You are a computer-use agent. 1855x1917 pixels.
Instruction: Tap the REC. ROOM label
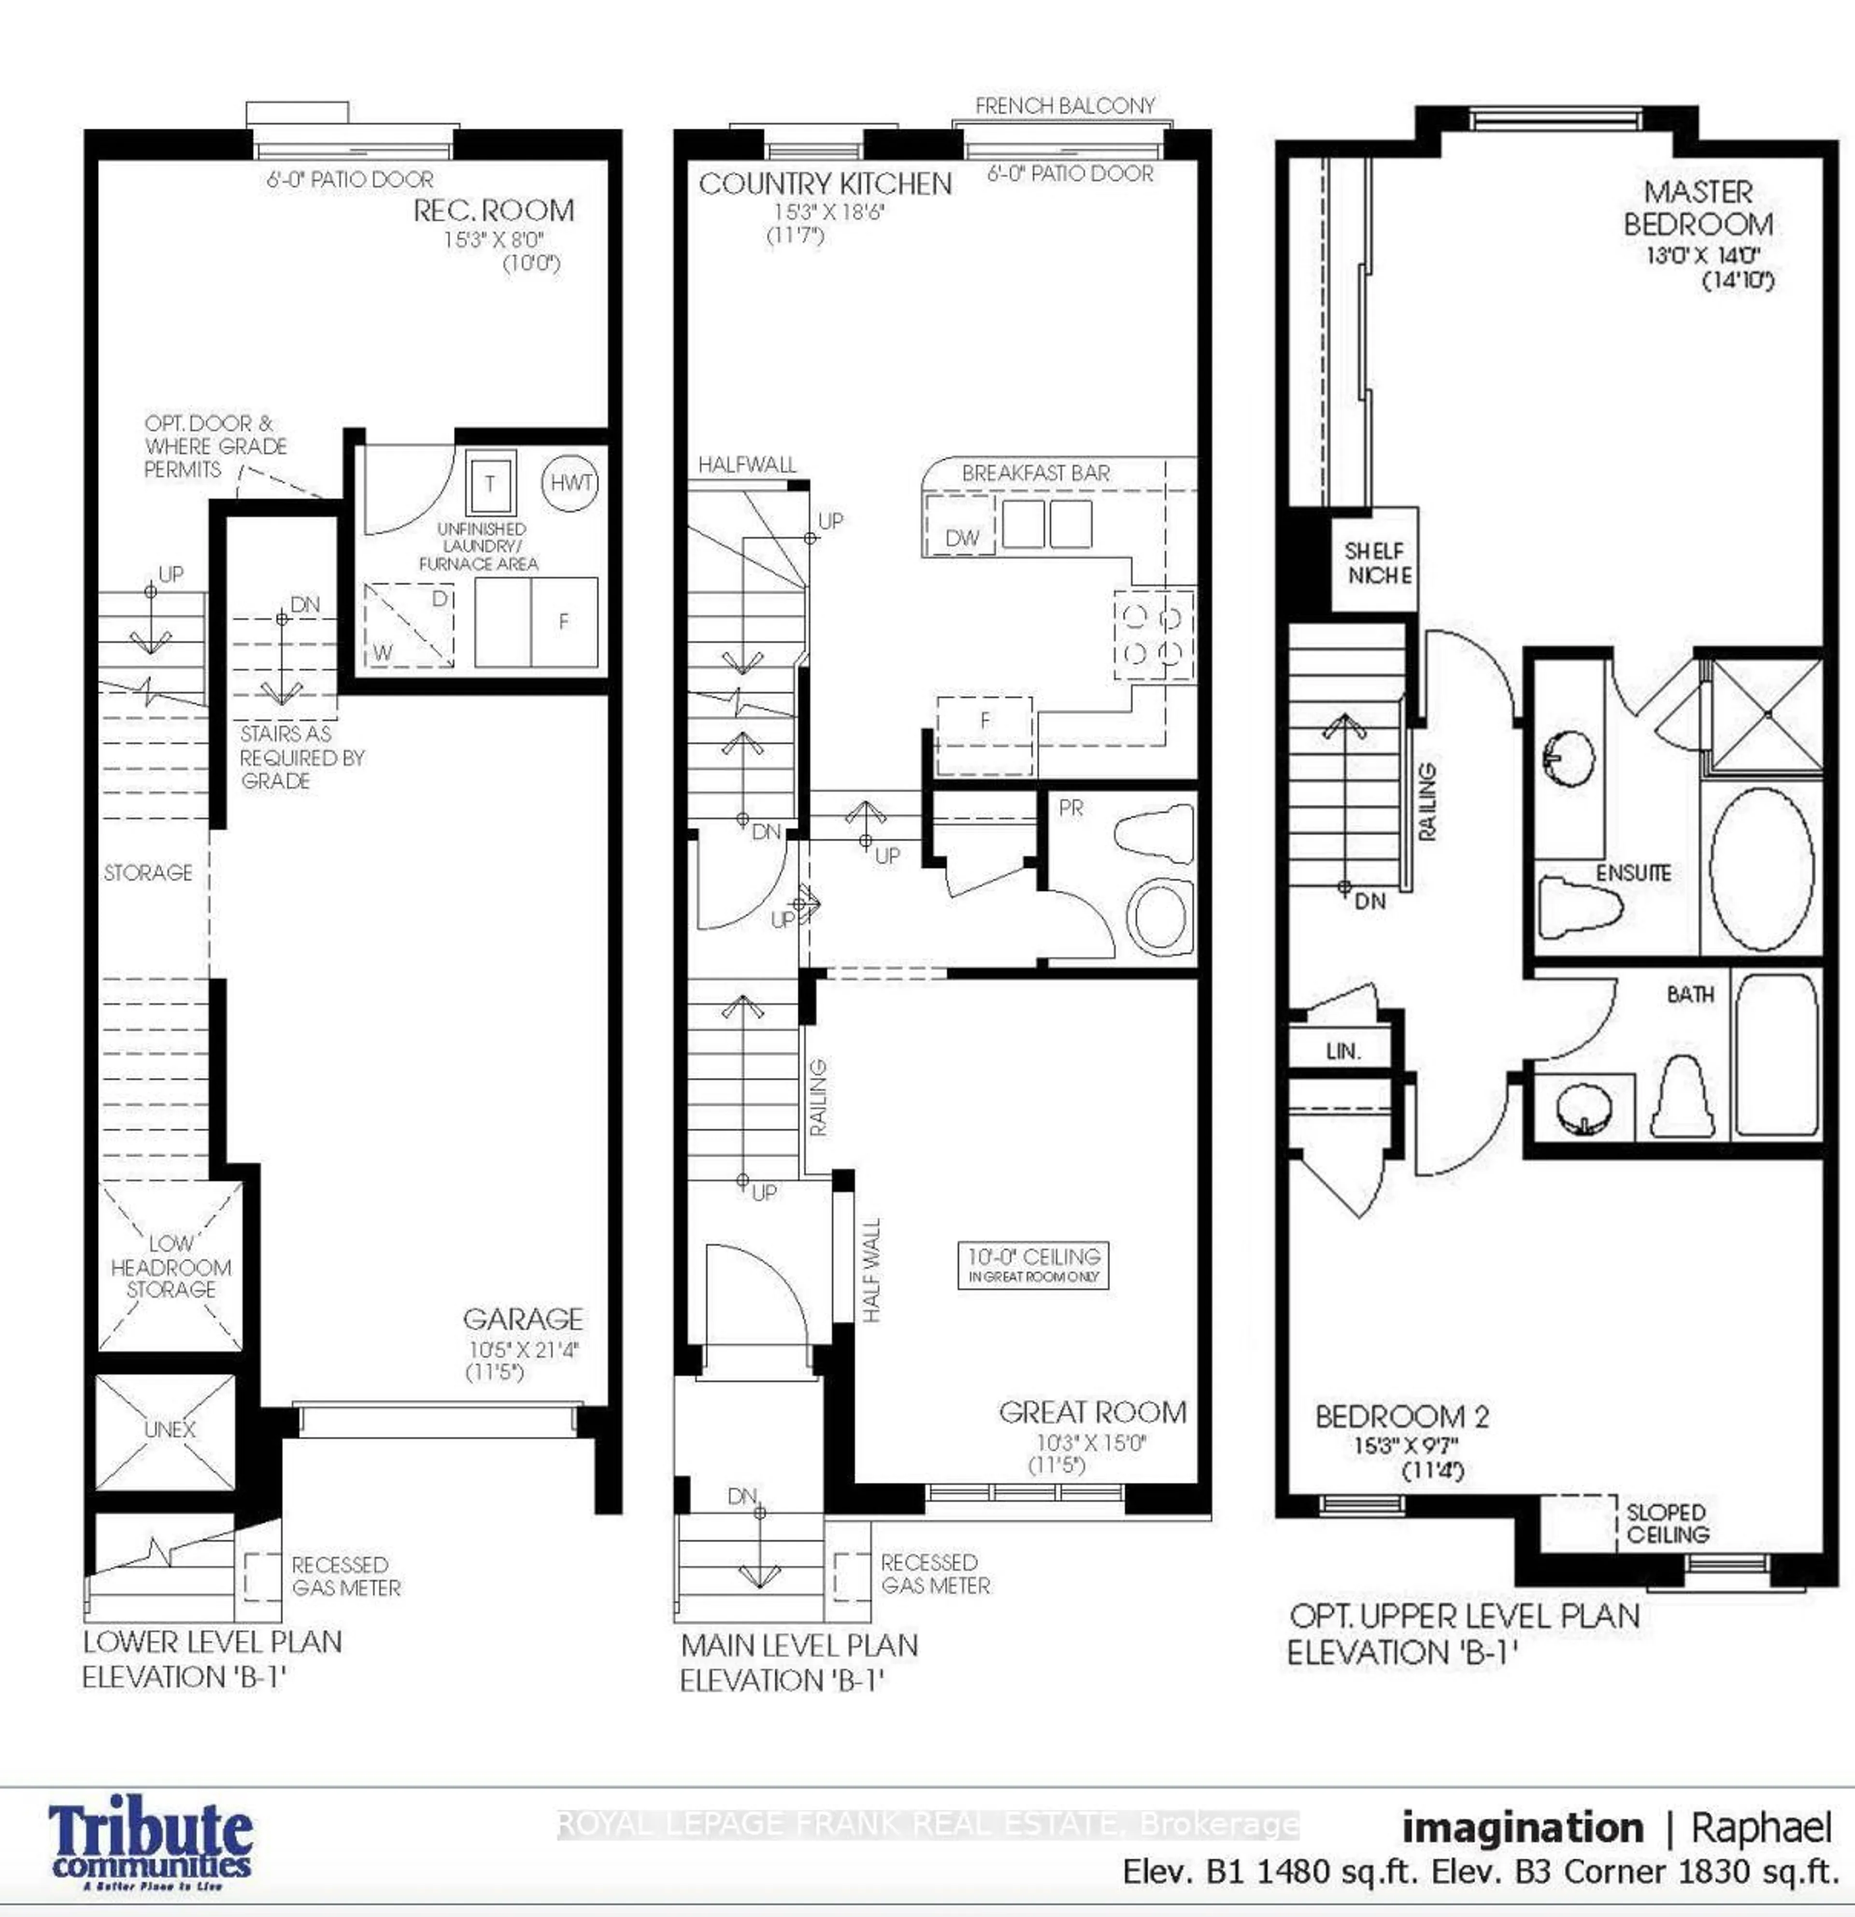(494, 210)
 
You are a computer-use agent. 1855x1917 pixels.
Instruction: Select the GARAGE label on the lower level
(523, 1319)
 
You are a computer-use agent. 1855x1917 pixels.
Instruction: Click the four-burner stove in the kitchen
(1154, 634)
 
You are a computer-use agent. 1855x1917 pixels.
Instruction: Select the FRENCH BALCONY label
(1065, 106)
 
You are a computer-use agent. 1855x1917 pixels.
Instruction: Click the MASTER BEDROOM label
(1698, 208)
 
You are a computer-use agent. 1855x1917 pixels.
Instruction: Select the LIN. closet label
(1342, 1051)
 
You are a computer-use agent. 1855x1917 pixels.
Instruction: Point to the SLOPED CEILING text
(1666, 1524)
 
